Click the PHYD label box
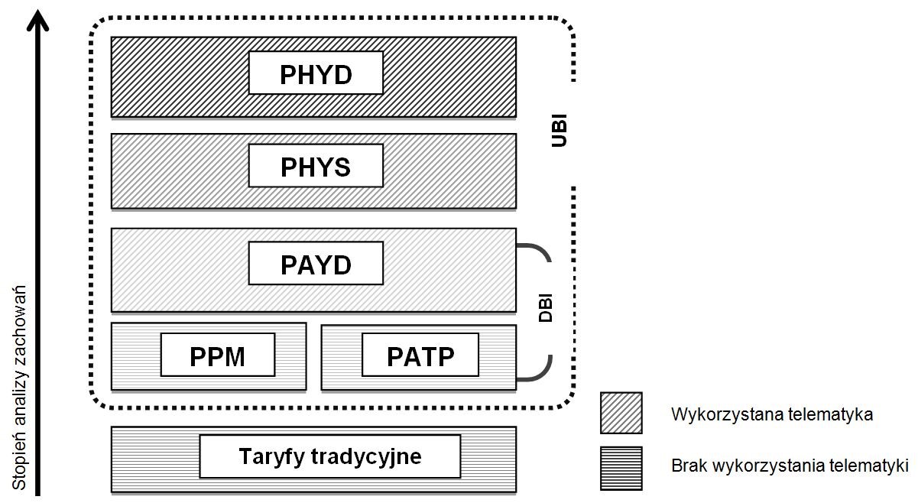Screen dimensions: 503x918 (x=316, y=75)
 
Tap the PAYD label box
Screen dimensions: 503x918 (x=316, y=264)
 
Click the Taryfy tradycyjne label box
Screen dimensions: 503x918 (x=330, y=456)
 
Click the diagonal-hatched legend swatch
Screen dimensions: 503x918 (x=621, y=413)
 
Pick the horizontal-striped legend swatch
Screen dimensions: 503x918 (x=621, y=468)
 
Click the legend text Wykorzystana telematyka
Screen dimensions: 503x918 (x=771, y=415)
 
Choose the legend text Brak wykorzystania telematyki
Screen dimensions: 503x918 (x=790, y=466)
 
